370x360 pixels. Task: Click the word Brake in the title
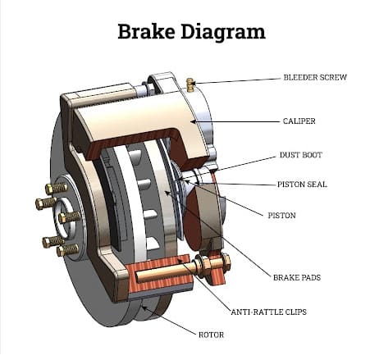146,31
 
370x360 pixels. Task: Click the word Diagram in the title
223,33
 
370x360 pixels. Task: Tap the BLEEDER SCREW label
315,77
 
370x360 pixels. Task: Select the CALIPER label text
299,121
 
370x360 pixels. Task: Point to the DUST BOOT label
301,155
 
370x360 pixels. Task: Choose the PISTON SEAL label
302,185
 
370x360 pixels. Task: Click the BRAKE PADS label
297,278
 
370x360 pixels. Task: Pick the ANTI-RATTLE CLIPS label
269,312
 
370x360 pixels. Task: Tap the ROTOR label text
211,335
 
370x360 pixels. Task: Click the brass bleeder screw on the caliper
190,84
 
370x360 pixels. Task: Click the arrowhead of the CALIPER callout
193,121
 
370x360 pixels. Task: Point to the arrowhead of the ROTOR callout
144,308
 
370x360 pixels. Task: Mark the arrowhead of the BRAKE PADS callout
167,193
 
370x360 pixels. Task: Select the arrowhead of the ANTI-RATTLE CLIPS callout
180,260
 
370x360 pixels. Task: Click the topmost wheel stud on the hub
57,189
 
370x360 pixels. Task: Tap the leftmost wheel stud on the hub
46,203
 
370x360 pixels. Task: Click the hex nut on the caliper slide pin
226,262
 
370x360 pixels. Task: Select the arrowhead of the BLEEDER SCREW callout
195,83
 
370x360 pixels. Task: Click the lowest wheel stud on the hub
67,250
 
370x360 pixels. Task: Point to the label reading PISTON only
281,216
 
